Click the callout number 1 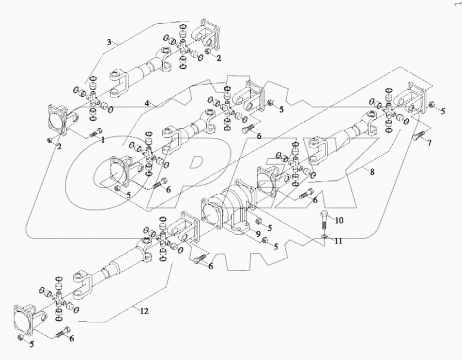click(x=103, y=140)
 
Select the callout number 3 click(x=109, y=42)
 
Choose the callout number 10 click(x=339, y=220)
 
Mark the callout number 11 click(x=339, y=241)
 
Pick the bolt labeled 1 click(x=96, y=131)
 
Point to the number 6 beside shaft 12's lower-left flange click(x=71, y=339)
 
